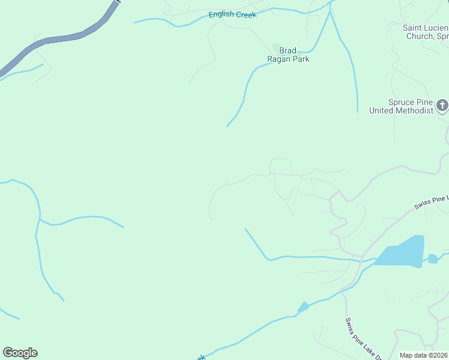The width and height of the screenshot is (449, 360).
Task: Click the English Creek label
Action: coord(232,14)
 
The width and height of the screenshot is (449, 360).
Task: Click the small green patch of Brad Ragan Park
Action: coord(276,47)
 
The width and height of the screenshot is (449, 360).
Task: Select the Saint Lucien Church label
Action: coord(426,32)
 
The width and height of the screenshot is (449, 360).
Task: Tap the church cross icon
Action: coord(442,106)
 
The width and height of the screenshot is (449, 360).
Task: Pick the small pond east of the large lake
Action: coord(433,259)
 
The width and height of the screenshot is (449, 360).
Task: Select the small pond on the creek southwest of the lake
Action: coord(304,307)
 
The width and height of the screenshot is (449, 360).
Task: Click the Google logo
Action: coord(20,353)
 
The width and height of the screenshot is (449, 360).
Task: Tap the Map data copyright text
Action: coord(424,355)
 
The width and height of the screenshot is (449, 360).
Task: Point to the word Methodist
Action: coord(411,110)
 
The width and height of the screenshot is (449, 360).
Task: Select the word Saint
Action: coord(413,28)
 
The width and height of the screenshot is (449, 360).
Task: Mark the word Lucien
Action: coord(437,28)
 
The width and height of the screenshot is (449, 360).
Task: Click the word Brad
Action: coord(288,51)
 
